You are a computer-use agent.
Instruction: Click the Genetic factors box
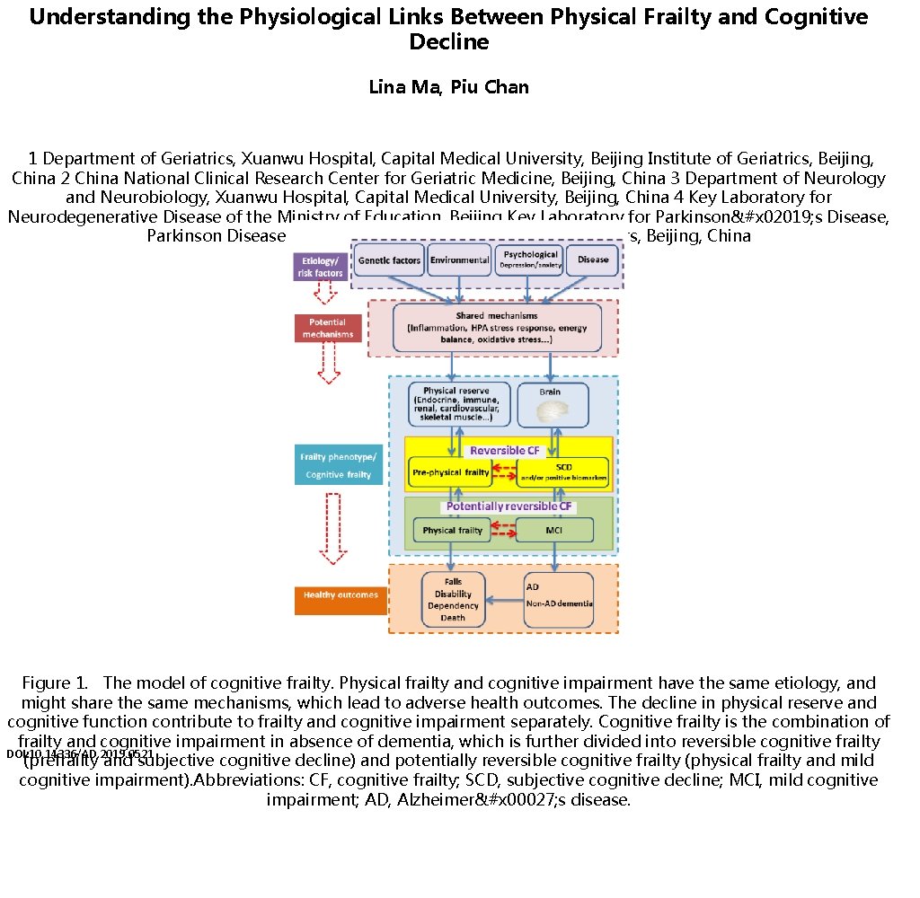coord(388,260)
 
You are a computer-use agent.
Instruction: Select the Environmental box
coord(459,260)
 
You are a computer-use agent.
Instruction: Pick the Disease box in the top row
coord(593,260)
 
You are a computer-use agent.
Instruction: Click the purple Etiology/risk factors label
coord(321,267)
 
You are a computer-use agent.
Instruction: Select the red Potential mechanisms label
coord(327,328)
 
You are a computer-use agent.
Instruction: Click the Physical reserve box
coord(459,404)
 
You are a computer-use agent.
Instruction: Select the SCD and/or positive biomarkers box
coord(562,471)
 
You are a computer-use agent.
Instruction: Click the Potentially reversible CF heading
coord(509,506)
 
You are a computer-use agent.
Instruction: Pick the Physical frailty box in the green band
coord(453,530)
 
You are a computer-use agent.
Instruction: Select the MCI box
coord(554,530)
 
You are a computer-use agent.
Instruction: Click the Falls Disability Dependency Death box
coord(453,599)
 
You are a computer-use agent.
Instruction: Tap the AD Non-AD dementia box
coord(558,599)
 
